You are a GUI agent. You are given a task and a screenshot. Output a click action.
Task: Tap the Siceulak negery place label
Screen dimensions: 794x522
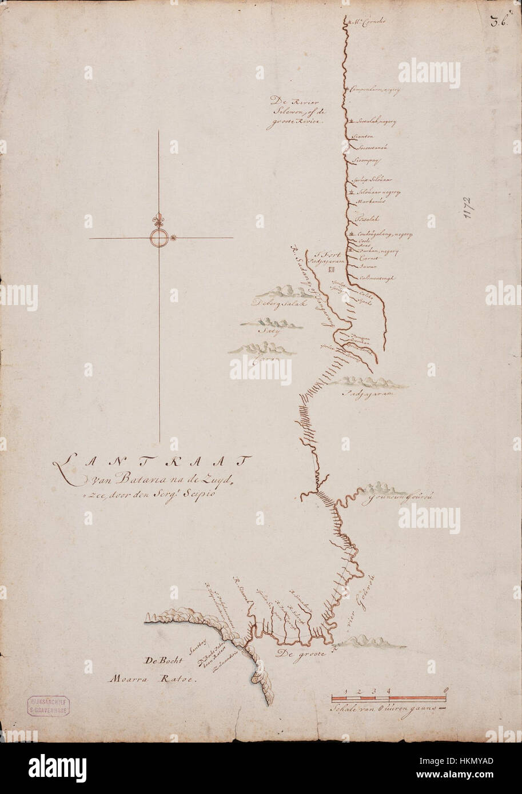(x=376, y=122)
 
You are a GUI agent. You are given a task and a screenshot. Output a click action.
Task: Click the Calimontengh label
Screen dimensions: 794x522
(x=378, y=278)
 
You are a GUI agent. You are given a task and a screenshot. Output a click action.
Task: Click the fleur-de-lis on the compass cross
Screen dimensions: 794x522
(x=158, y=220)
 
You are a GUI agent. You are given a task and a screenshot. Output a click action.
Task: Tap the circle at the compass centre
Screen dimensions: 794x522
(x=158, y=238)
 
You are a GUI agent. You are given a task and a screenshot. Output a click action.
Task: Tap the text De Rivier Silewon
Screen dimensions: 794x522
(x=296, y=112)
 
